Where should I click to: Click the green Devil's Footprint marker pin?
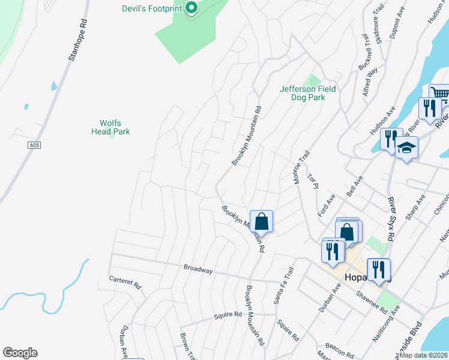coord(191,8)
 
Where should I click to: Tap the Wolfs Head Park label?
coord(110,127)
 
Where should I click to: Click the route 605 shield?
coord(34,145)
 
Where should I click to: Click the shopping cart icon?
coord(440,94)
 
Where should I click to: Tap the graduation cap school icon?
coord(406,148)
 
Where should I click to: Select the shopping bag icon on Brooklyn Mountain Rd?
coord(262,221)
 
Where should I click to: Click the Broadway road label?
coord(198,269)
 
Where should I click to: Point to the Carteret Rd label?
coord(124,281)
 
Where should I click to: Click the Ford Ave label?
coord(326,206)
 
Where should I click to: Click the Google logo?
coord(20,353)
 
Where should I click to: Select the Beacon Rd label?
coord(337,346)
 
